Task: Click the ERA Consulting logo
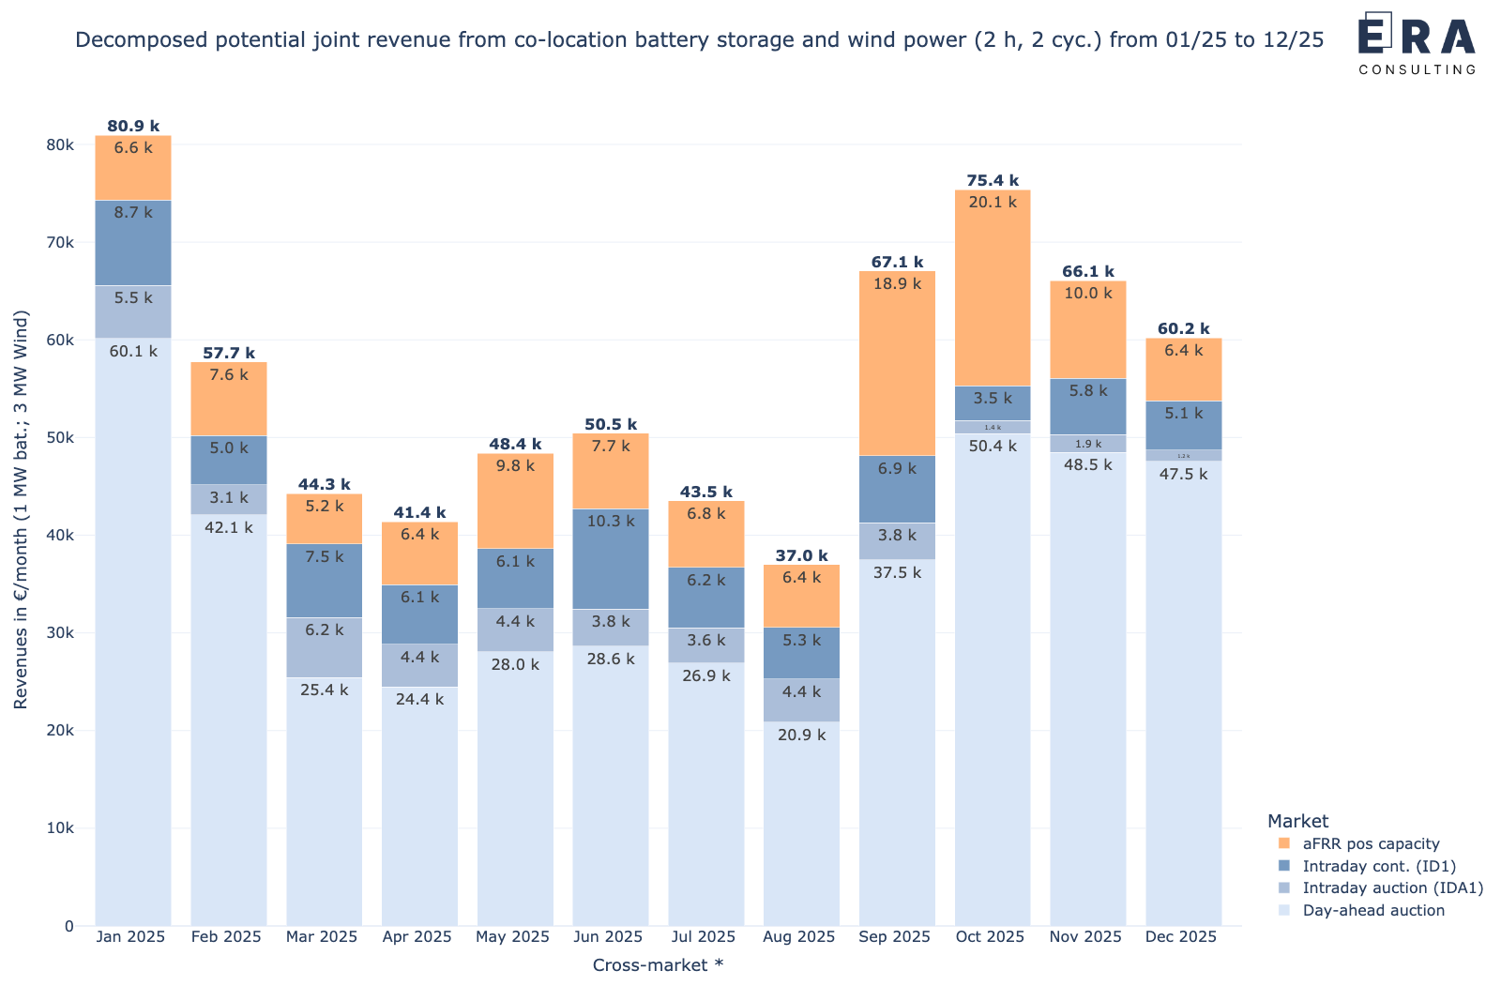pyautogui.click(x=1416, y=43)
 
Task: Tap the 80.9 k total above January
pyautogui.click(x=133, y=126)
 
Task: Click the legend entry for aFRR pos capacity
pyautogui.click(x=1370, y=843)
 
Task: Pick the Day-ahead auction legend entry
pyautogui.click(x=1372, y=910)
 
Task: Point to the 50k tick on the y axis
pyautogui.click(x=60, y=438)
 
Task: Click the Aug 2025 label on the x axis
pyautogui.click(x=798, y=936)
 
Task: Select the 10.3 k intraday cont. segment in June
pyautogui.click(x=610, y=559)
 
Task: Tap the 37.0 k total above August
pyautogui.click(x=801, y=555)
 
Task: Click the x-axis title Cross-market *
pyautogui.click(x=657, y=964)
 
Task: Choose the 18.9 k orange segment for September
pyautogui.click(x=896, y=364)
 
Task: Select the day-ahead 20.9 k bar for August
pyautogui.click(x=801, y=824)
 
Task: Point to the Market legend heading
pyautogui.click(x=1297, y=821)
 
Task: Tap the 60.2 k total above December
pyautogui.click(x=1183, y=328)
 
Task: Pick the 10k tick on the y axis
pyautogui.click(x=60, y=828)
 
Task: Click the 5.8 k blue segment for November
pyautogui.click(x=1087, y=406)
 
